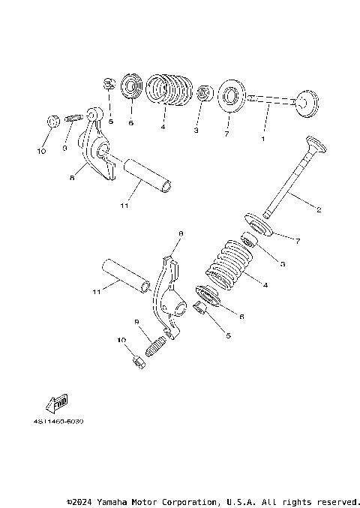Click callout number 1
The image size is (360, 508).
[262, 139]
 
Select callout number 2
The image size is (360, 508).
[318, 209]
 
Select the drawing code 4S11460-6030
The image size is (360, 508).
[58, 422]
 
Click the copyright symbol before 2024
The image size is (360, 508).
[69, 501]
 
